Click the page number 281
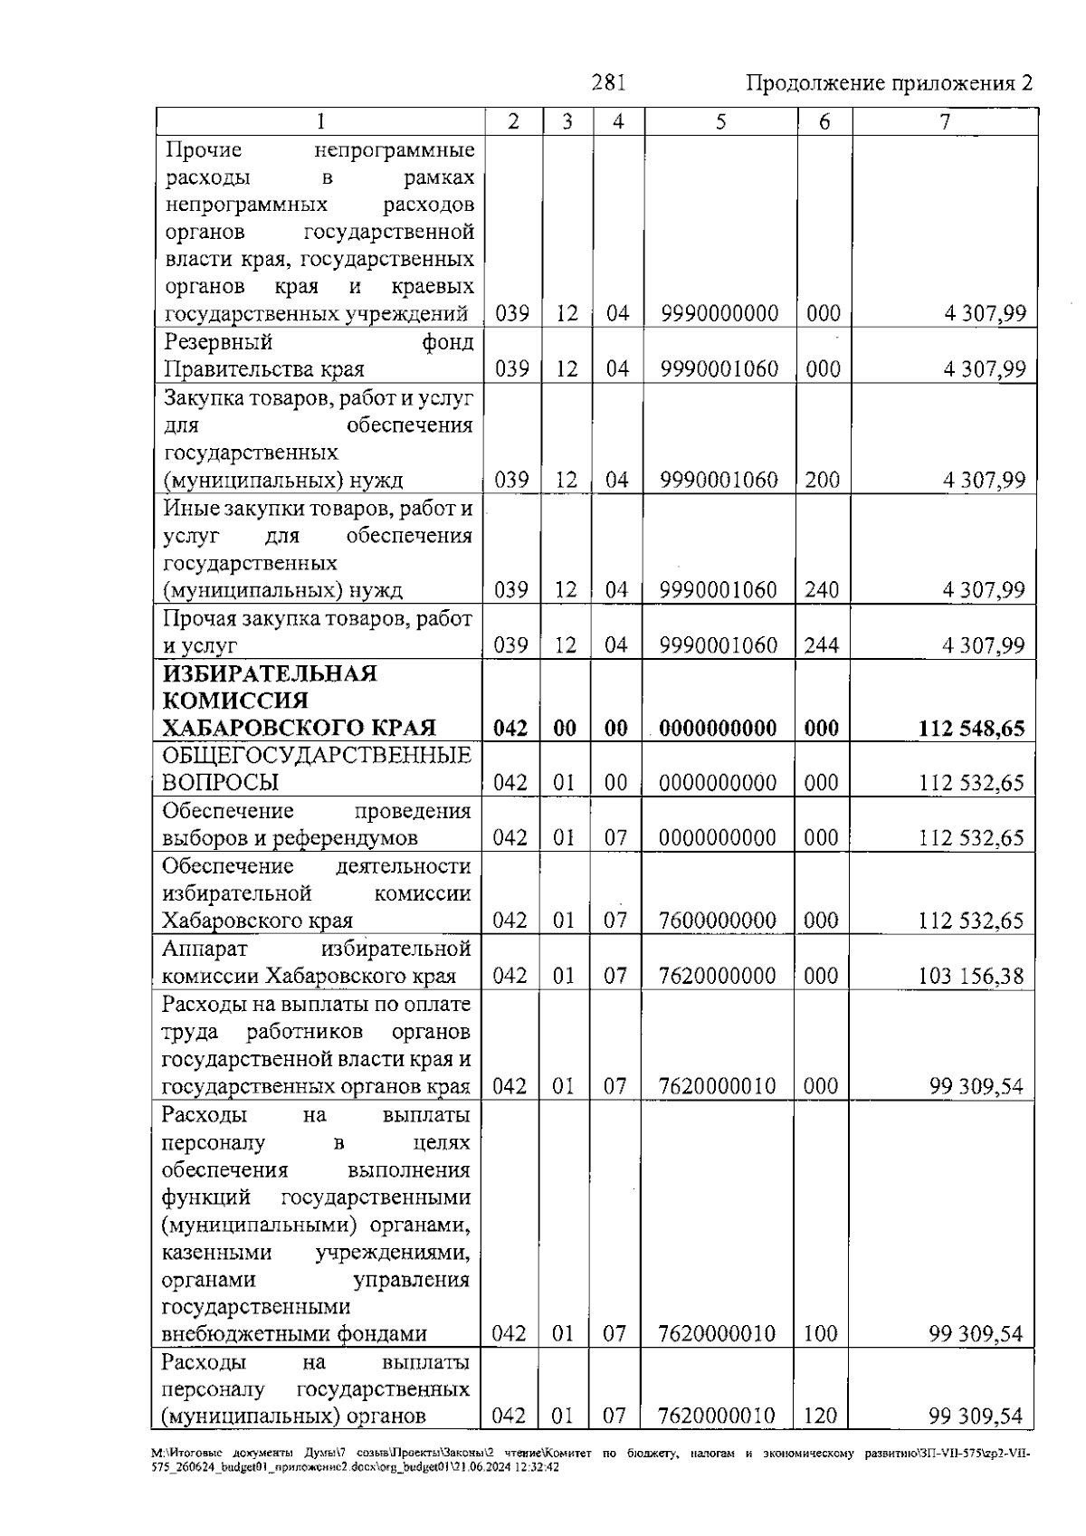click(x=608, y=83)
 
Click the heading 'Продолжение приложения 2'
click(x=889, y=83)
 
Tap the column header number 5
click(x=720, y=122)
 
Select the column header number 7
click(x=945, y=122)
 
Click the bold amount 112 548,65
click(x=971, y=729)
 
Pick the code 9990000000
click(x=719, y=314)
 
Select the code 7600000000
click(x=718, y=921)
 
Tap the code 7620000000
click(x=718, y=976)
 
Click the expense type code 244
click(x=822, y=645)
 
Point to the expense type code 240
click(x=822, y=590)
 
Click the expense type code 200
click(x=822, y=480)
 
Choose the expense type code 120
click(x=821, y=1416)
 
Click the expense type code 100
click(x=821, y=1333)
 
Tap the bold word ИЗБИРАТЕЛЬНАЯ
click(x=270, y=673)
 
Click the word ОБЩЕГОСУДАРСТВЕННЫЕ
click(x=317, y=756)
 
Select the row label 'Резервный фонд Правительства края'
click(x=318, y=356)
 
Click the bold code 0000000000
click(x=718, y=729)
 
